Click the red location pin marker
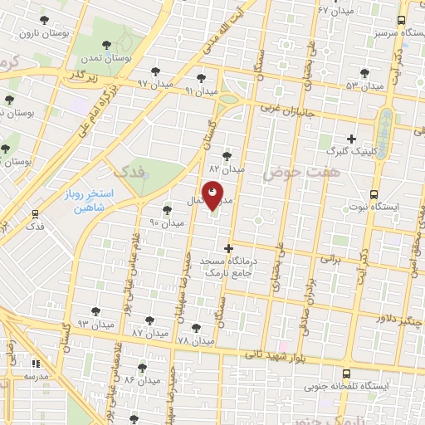tap(212, 195)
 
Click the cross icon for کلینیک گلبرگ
tap(351, 138)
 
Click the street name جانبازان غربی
tap(291, 109)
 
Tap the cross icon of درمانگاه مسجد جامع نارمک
tap(230, 247)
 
